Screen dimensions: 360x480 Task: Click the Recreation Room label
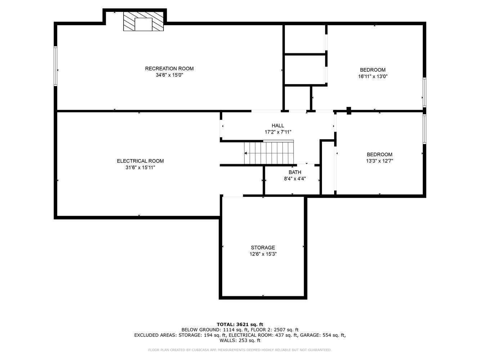169,69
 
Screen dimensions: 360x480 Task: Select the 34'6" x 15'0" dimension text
169,75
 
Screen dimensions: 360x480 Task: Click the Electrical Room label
140,161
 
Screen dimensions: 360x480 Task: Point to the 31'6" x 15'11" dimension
140,167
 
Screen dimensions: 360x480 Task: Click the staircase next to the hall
269,153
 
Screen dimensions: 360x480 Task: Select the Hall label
278,126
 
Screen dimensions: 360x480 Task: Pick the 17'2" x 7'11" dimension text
278,132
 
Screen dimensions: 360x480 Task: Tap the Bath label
295,172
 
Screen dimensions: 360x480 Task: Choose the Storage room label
263,248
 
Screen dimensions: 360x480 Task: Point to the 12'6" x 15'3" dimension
263,254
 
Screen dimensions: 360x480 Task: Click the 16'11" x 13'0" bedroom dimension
373,76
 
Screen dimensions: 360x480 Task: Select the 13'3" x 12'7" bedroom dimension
379,161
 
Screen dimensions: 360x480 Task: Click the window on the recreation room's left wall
55,66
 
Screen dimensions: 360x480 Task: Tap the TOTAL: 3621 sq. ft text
240,324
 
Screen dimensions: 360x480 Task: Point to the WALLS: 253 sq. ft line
240,341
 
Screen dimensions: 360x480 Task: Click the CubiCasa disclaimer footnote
240,350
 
